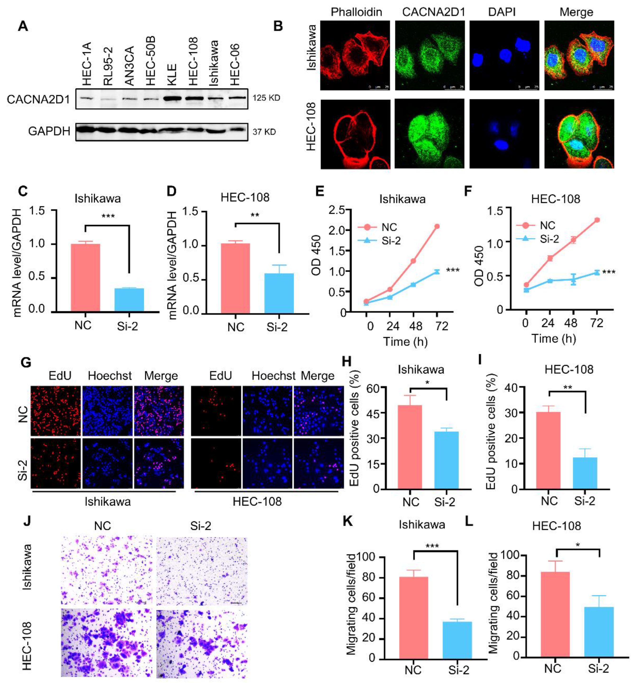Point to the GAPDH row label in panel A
(x=49, y=131)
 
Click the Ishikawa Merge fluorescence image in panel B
(x=579, y=55)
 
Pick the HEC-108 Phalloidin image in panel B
(x=355, y=134)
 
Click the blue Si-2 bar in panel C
(x=129, y=300)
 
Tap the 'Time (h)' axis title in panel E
(x=405, y=341)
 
